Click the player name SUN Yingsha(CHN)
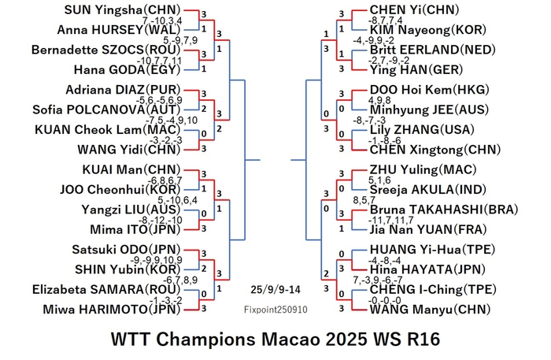[x=122, y=9]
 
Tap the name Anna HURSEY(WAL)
[x=119, y=30]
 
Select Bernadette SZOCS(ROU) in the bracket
[x=105, y=50]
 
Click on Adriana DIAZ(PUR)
[x=123, y=90]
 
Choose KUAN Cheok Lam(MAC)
[x=107, y=129]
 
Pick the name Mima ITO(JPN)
[x=135, y=229]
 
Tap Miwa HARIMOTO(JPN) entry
[x=112, y=310]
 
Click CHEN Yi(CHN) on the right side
[x=414, y=9]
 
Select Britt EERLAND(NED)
[x=433, y=50]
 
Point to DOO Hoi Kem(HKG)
[x=430, y=90]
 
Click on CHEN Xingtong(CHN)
[x=435, y=150]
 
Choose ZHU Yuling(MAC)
[x=423, y=169]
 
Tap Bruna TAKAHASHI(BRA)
[x=444, y=210]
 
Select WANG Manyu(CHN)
[x=430, y=310]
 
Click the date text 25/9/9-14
[x=275, y=290]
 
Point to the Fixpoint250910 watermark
[x=275, y=310]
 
